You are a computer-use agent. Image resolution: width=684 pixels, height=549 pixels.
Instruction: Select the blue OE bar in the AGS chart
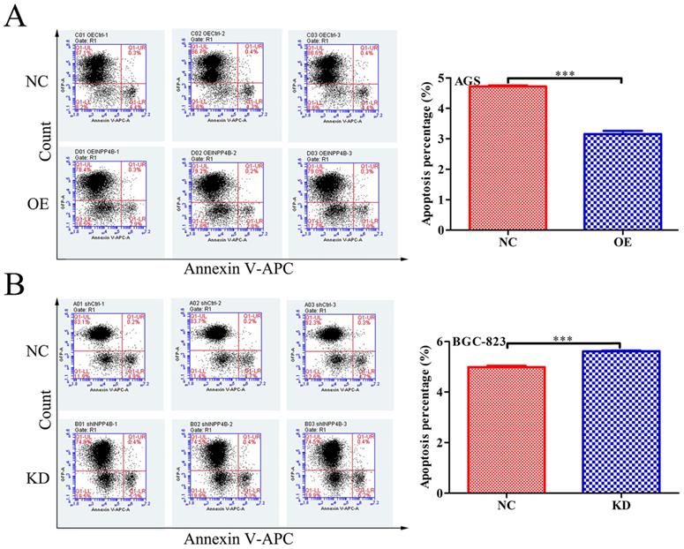coord(622,181)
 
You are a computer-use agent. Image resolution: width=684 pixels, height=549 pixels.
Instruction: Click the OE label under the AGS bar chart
coord(622,243)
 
